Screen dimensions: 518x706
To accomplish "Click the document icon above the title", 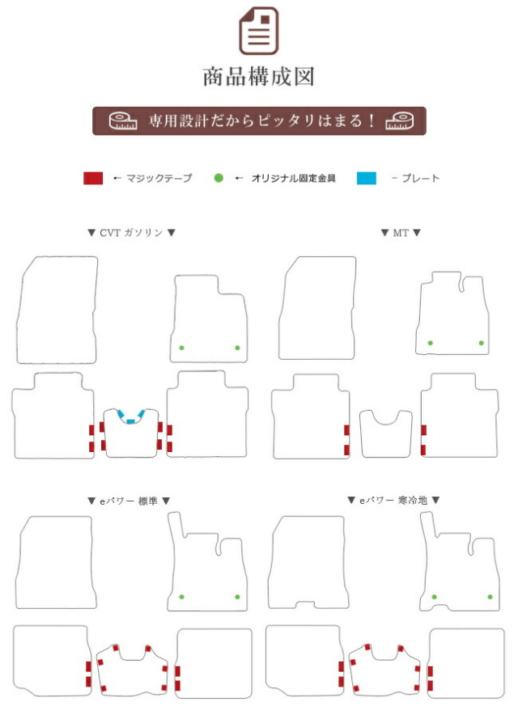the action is [258, 30].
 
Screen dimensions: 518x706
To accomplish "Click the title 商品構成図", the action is [258, 77].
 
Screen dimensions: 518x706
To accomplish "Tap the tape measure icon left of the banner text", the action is [123, 120].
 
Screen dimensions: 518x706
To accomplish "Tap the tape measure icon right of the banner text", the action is [400, 120].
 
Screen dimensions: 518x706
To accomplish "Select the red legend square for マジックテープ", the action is [93, 178].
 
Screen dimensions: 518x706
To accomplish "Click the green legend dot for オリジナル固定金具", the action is [219, 178].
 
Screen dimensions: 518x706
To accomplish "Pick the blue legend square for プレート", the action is [366, 178].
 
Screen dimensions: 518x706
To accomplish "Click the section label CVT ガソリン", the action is [131, 233].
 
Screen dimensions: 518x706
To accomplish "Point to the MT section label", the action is [401, 233].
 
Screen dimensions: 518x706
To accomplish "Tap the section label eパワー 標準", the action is [129, 501].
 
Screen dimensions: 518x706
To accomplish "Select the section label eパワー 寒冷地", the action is [393, 501].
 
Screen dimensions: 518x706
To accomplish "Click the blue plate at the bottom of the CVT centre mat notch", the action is [130, 421].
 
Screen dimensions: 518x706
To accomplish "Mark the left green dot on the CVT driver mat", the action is [181, 348].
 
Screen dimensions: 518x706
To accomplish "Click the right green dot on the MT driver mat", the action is [481, 343].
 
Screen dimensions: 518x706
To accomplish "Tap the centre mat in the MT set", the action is [385, 433].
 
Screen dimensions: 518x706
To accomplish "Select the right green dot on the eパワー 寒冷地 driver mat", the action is [490, 597].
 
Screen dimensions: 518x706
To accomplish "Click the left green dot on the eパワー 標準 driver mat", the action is [181, 597].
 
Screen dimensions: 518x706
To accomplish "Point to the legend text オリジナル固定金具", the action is [293, 178].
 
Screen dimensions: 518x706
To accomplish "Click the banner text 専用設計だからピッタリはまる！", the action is [261, 120].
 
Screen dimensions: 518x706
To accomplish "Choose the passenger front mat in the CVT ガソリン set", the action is [57, 310].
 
